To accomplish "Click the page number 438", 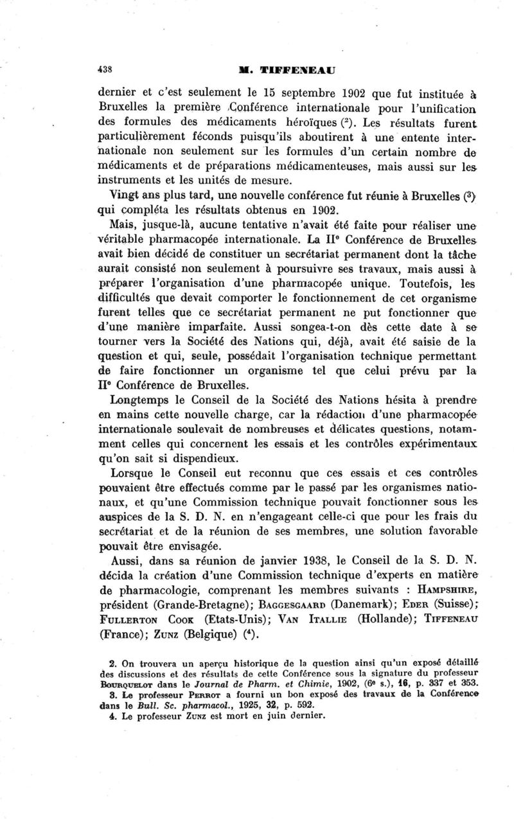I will pos(105,69).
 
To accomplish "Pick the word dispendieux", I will pos(184,459).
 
